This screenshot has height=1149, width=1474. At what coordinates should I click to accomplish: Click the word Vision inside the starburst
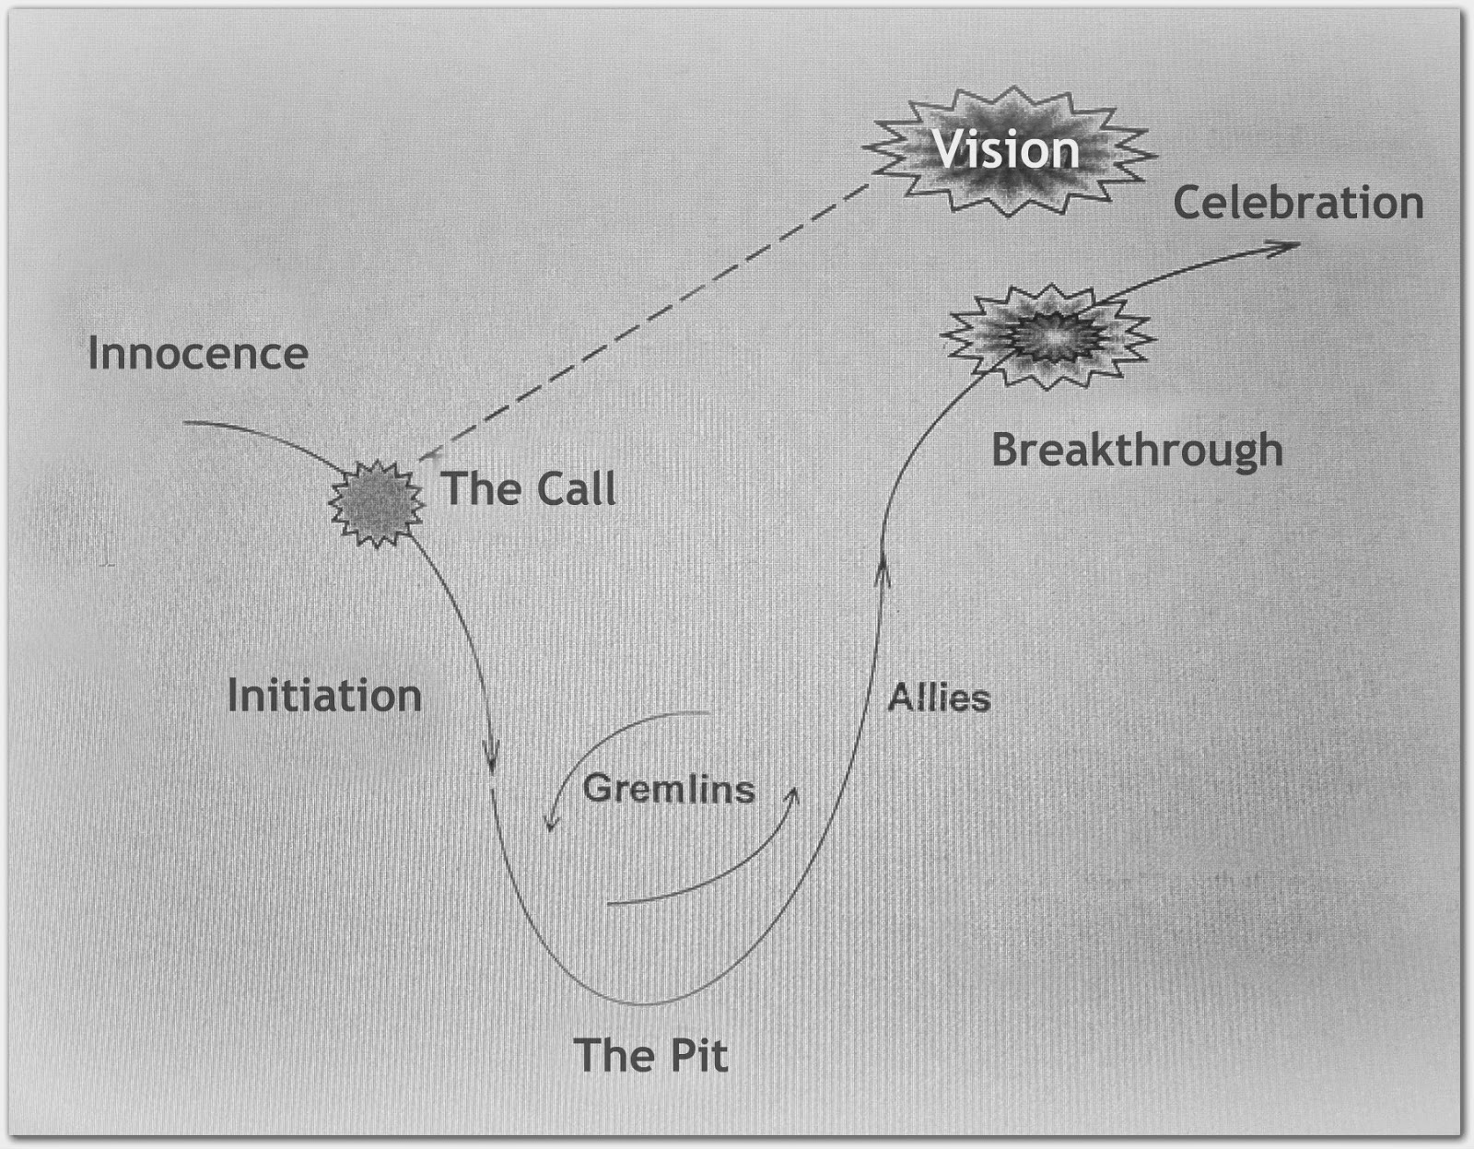tap(1006, 150)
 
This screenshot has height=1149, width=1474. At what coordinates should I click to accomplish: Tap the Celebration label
tap(1298, 203)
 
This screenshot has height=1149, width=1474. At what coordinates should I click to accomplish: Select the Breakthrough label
tap(1137, 451)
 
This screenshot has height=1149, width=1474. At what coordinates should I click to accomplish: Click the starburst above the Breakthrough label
tap(1047, 334)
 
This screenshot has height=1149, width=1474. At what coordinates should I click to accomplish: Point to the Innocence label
tap(197, 354)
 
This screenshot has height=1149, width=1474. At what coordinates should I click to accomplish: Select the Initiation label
tap(324, 696)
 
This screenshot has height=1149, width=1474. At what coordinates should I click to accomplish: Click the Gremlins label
tap(669, 789)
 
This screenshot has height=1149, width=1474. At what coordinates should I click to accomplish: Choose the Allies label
tap(939, 698)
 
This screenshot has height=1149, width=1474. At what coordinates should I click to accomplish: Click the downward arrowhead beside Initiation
tap(492, 761)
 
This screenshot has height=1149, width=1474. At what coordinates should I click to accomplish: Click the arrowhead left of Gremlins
tap(551, 822)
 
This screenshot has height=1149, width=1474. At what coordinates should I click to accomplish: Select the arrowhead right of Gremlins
tap(794, 794)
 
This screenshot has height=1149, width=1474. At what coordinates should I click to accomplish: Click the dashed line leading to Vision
tap(645, 318)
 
